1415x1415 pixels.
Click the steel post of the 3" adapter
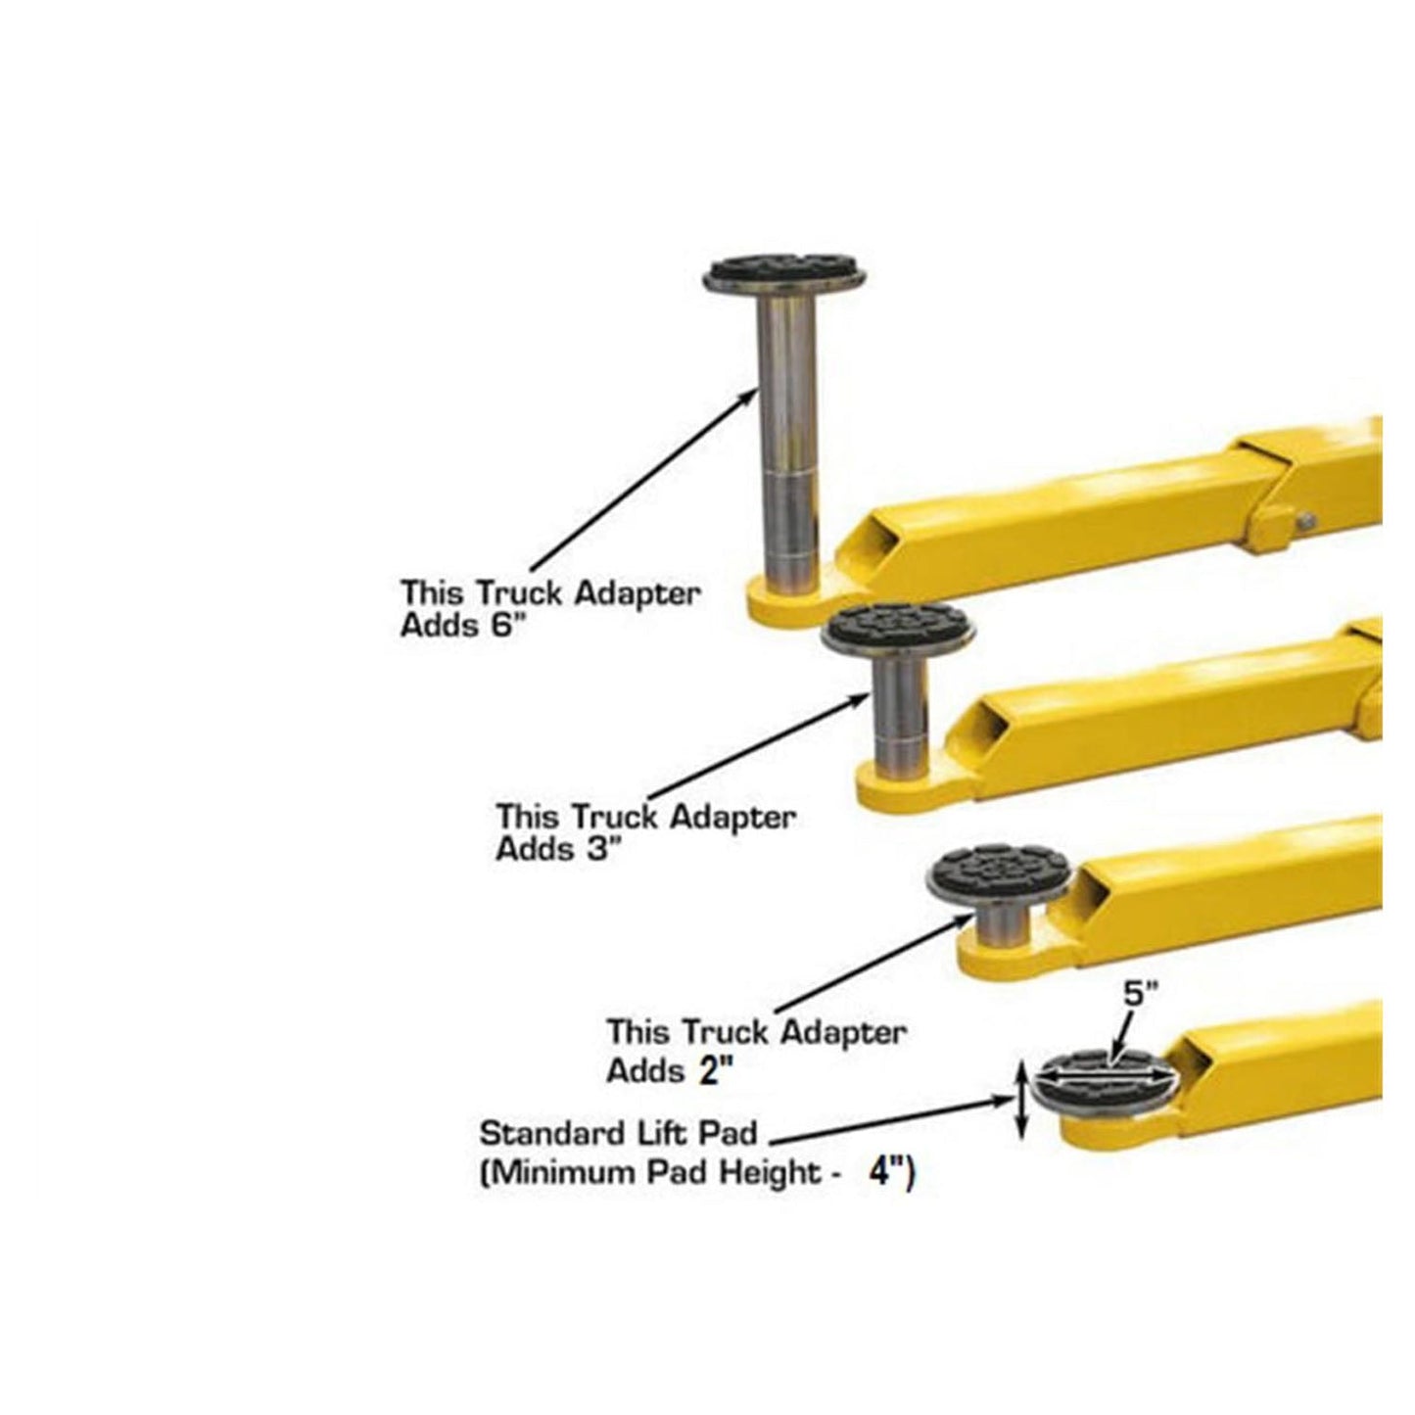point(898,715)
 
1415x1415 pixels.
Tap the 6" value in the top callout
point(495,627)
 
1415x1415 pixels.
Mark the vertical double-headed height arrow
point(1020,1101)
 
